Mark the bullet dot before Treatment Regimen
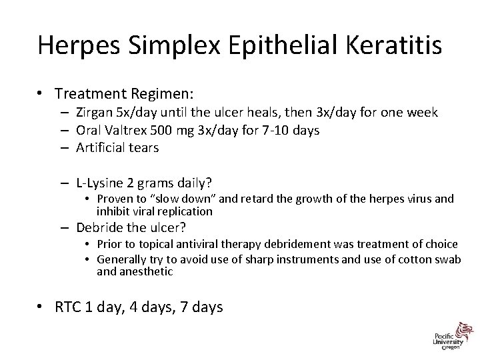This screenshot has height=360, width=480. (x=41, y=95)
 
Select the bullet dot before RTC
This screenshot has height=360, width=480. (x=41, y=307)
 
